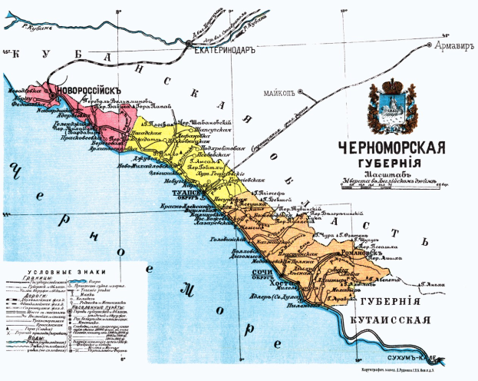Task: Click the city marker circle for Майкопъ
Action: tap(300, 93)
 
